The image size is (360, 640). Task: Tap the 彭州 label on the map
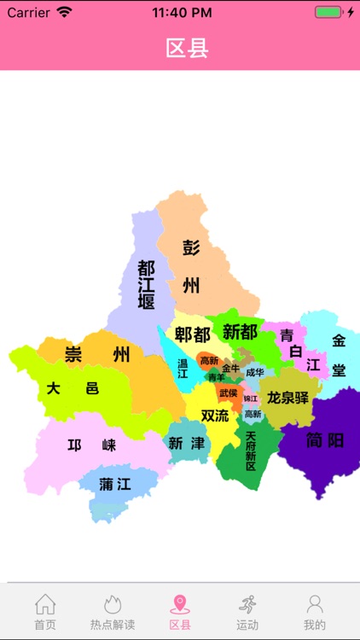point(191,266)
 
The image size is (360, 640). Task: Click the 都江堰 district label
point(146,285)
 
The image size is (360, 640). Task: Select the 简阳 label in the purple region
point(324,440)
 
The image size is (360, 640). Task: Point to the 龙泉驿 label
point(287,398)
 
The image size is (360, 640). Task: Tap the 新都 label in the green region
point(240,332)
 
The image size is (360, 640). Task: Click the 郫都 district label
point(192,335)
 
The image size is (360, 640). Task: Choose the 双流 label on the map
point(215,416)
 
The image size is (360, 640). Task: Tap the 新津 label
point(187,443)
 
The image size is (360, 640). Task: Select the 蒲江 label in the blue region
point(115,484)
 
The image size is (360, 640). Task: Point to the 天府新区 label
point(251,450)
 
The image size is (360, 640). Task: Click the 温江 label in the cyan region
point(183,368)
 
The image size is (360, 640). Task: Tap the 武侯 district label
point(229,393)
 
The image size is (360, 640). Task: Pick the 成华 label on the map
point(255,372)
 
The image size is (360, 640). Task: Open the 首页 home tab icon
point(45,605)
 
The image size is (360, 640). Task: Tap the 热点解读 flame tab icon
point(113,605)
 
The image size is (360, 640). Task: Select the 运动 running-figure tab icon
point(247,605)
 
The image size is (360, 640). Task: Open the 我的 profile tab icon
point(315,605)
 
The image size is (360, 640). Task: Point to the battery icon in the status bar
point(328,13)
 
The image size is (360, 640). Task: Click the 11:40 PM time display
point(182,13)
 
